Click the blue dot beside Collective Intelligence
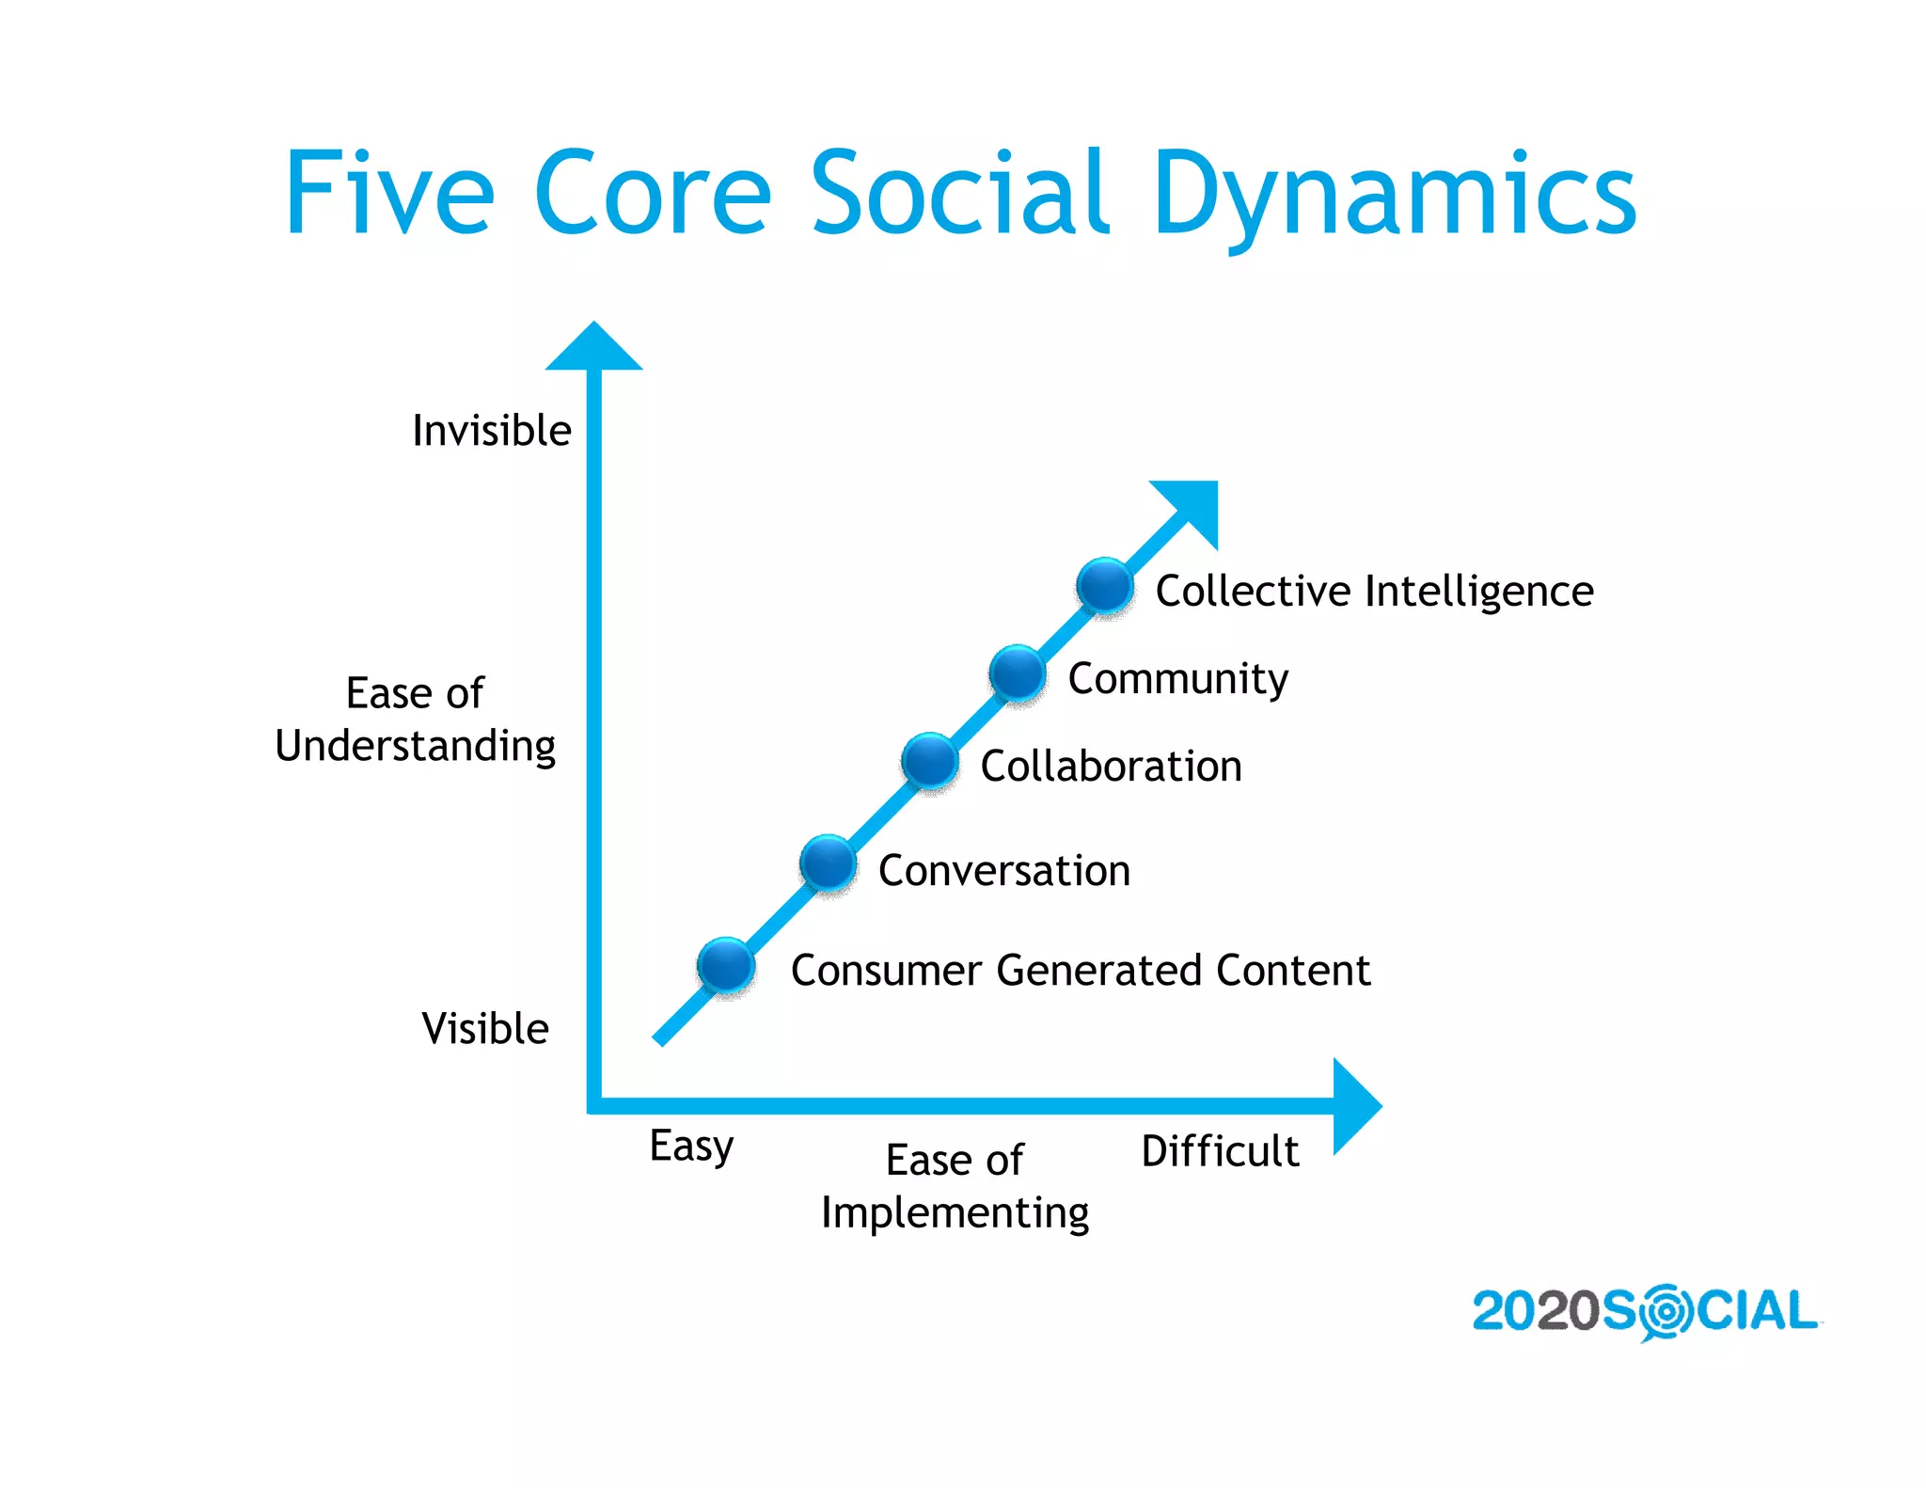[1105, 586]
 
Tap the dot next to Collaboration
[930, 761]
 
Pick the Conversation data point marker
[828, 863]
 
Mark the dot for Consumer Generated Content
[726, 965]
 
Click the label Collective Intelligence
[1374, 592]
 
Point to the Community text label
[1177, 679]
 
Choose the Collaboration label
[1111, 767]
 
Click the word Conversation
[1003, 871]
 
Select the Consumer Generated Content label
[1080, 971]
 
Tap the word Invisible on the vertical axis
[492, 431]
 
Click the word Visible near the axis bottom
[485, 1029]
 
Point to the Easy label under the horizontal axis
[691, 1147]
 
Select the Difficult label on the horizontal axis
[1220, 1151]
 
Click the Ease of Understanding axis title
[415, 720]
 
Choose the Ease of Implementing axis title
[955, 1186]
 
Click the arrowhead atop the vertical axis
[593, 349]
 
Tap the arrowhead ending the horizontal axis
[1354, 1106]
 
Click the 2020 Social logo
[1645, 1311]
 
